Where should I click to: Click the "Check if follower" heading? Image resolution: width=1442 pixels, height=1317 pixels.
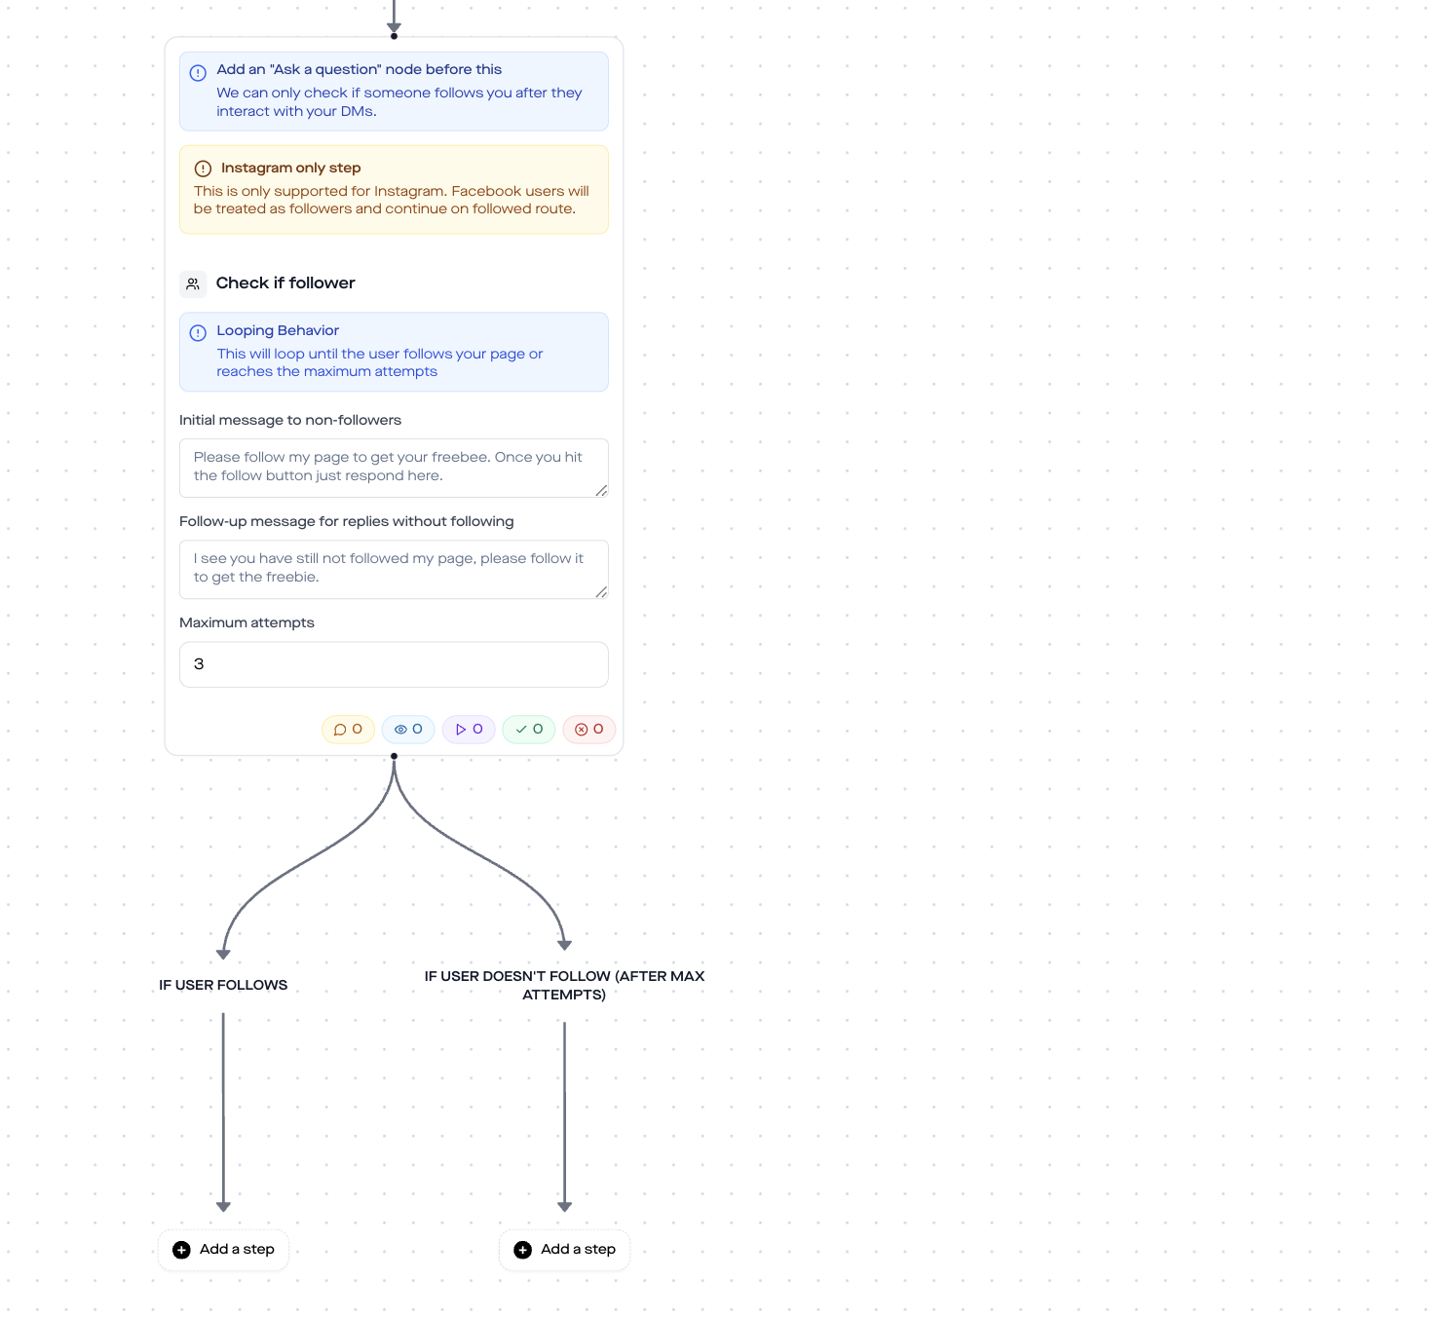tap(285, 283)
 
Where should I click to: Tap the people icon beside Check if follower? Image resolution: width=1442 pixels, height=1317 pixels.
tap(193, 284)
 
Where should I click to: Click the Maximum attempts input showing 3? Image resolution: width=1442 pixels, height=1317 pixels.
tap(394, 664)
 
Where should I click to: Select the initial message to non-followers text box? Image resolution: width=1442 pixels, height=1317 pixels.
tap(394, 468)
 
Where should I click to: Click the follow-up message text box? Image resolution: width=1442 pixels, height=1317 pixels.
tap(394, 569)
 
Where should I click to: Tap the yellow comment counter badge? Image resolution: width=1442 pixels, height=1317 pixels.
tap(348, 729)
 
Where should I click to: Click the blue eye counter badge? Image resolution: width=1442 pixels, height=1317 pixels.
tap(408, 729)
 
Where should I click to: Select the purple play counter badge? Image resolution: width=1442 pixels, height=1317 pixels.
tap(469, 729)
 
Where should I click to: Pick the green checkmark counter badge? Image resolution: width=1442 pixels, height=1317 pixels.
tap(529, 729)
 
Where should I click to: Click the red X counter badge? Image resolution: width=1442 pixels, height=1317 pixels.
tap(589, 729)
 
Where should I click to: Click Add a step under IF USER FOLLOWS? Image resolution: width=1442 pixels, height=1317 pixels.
tap(223, 1250)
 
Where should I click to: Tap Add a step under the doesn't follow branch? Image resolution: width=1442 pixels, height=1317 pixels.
tap(565, 1250)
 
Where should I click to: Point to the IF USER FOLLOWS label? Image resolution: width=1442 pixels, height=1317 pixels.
tap(223, 985)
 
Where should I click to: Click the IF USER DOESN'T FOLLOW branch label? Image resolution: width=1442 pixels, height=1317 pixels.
tap(564, 986)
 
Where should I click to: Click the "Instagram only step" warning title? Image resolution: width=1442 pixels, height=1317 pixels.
tap(291, 168)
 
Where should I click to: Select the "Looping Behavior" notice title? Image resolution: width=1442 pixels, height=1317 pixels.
tap(278, 330)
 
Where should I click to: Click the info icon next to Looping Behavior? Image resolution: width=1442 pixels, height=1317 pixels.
tap(198, 333)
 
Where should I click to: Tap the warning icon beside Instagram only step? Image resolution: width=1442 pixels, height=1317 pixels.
tap(204, 169)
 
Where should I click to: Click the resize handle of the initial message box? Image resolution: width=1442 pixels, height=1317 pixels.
tap(602, 490)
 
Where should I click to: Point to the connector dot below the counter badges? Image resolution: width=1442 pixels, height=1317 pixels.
tap(394, 756)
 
